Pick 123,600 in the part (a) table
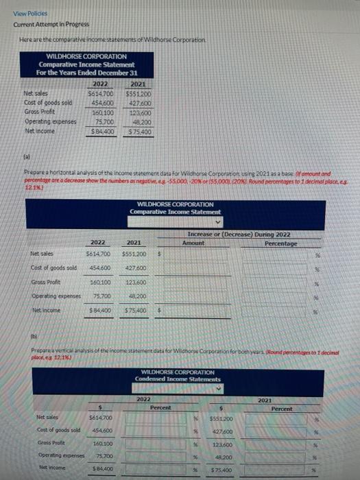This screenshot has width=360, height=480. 136,282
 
